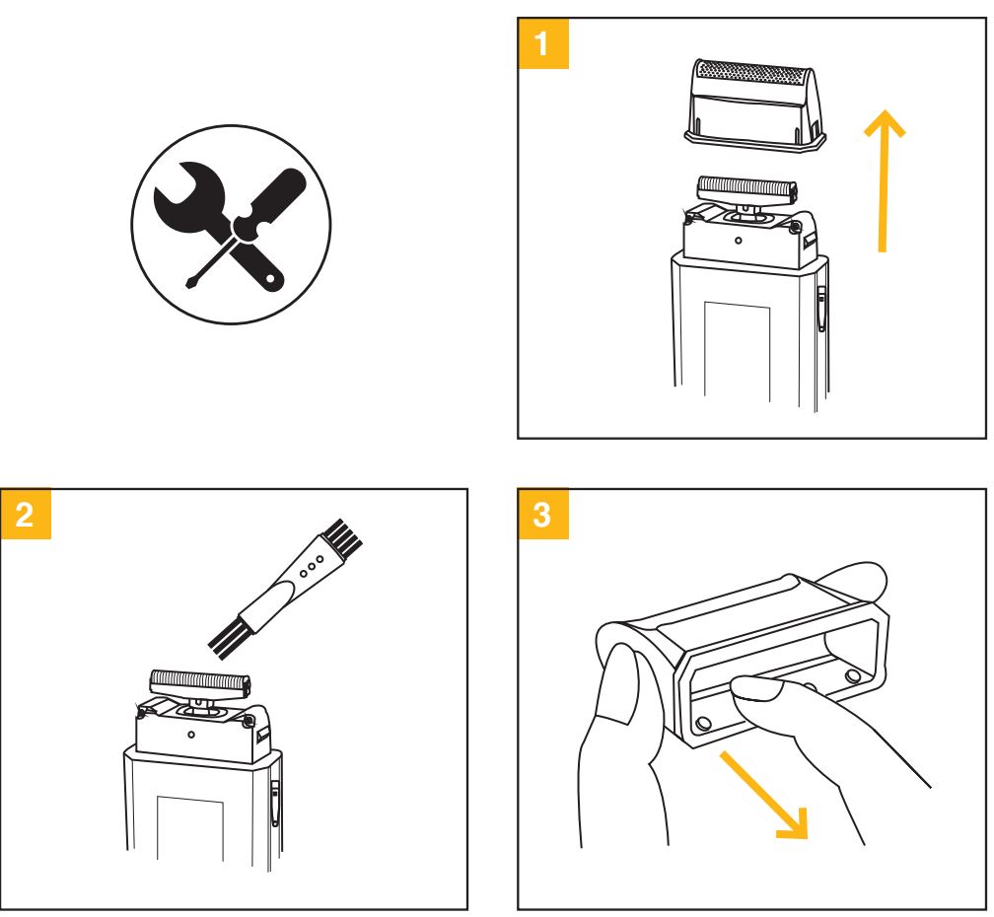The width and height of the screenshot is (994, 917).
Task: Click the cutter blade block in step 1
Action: point(746,186)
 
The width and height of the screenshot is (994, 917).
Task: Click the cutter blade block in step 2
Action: point(200,679)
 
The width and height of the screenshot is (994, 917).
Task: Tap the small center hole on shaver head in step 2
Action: point(190,734)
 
